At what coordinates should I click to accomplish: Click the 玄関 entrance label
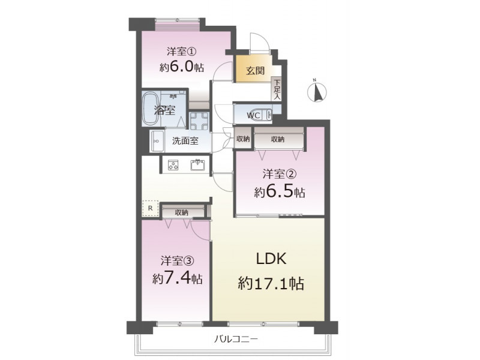pyautogui.click(x=256, y=71)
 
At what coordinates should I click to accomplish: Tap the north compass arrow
pyautogui.click(x=317, y=92)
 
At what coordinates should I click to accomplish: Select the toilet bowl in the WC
pyautogui.click(x=260, y=115)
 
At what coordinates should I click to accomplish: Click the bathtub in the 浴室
pyautogui.click(x=151, y=109)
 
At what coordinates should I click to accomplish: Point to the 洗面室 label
pyautogui.click(x=185, y=141)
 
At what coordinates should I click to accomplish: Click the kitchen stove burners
pyautogui.click(x=173, y=166)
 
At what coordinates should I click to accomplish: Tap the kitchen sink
pyautogui.click(x=199, y=164)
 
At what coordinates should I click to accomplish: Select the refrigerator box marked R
pyautogui.click(x=151, y=208)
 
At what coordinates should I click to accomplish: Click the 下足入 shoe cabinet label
pyautogui.click(x=277, y=89)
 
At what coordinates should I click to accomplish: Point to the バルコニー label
pyautogui.click(x=236, y=339)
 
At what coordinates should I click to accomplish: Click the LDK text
pyautogui.click(x=271, y=259)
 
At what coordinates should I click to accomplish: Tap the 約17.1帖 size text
pyautogui.click(x=271, y=283)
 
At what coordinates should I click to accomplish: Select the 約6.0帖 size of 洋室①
pyautogui.click(x=182, y=67)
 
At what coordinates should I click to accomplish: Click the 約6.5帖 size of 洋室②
pyautogui.click(x=279, y=192)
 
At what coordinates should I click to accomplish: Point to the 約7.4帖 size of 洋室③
pyautogui.click(x=178, y=278)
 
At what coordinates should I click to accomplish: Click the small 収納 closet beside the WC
pyautogui.click(x=243, y=139)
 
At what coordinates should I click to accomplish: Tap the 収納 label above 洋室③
pyautogui.click(x=182, y=212)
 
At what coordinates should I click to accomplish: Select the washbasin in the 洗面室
pyautogui.click(x=157, y=141)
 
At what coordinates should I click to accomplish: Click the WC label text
pyautogui.click(x=253, y=115)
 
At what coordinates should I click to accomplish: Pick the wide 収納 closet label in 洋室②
pyautogui.click(x=278, y=139)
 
